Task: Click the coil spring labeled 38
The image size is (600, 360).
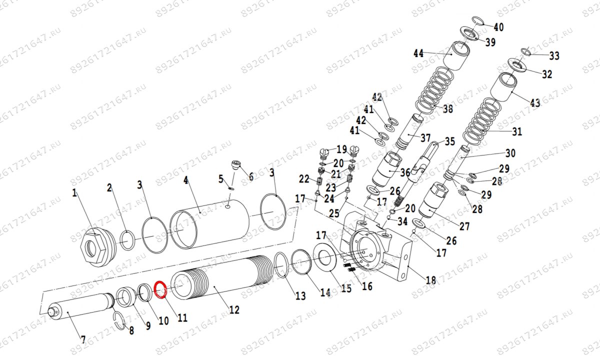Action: [435, 90]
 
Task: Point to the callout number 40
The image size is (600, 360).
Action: [498, 27]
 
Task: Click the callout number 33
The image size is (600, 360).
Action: [554, 55]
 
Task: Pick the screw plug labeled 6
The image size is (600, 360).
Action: [236, 164]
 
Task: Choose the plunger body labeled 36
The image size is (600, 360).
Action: [387, 170]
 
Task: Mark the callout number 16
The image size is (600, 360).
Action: [367, 286]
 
